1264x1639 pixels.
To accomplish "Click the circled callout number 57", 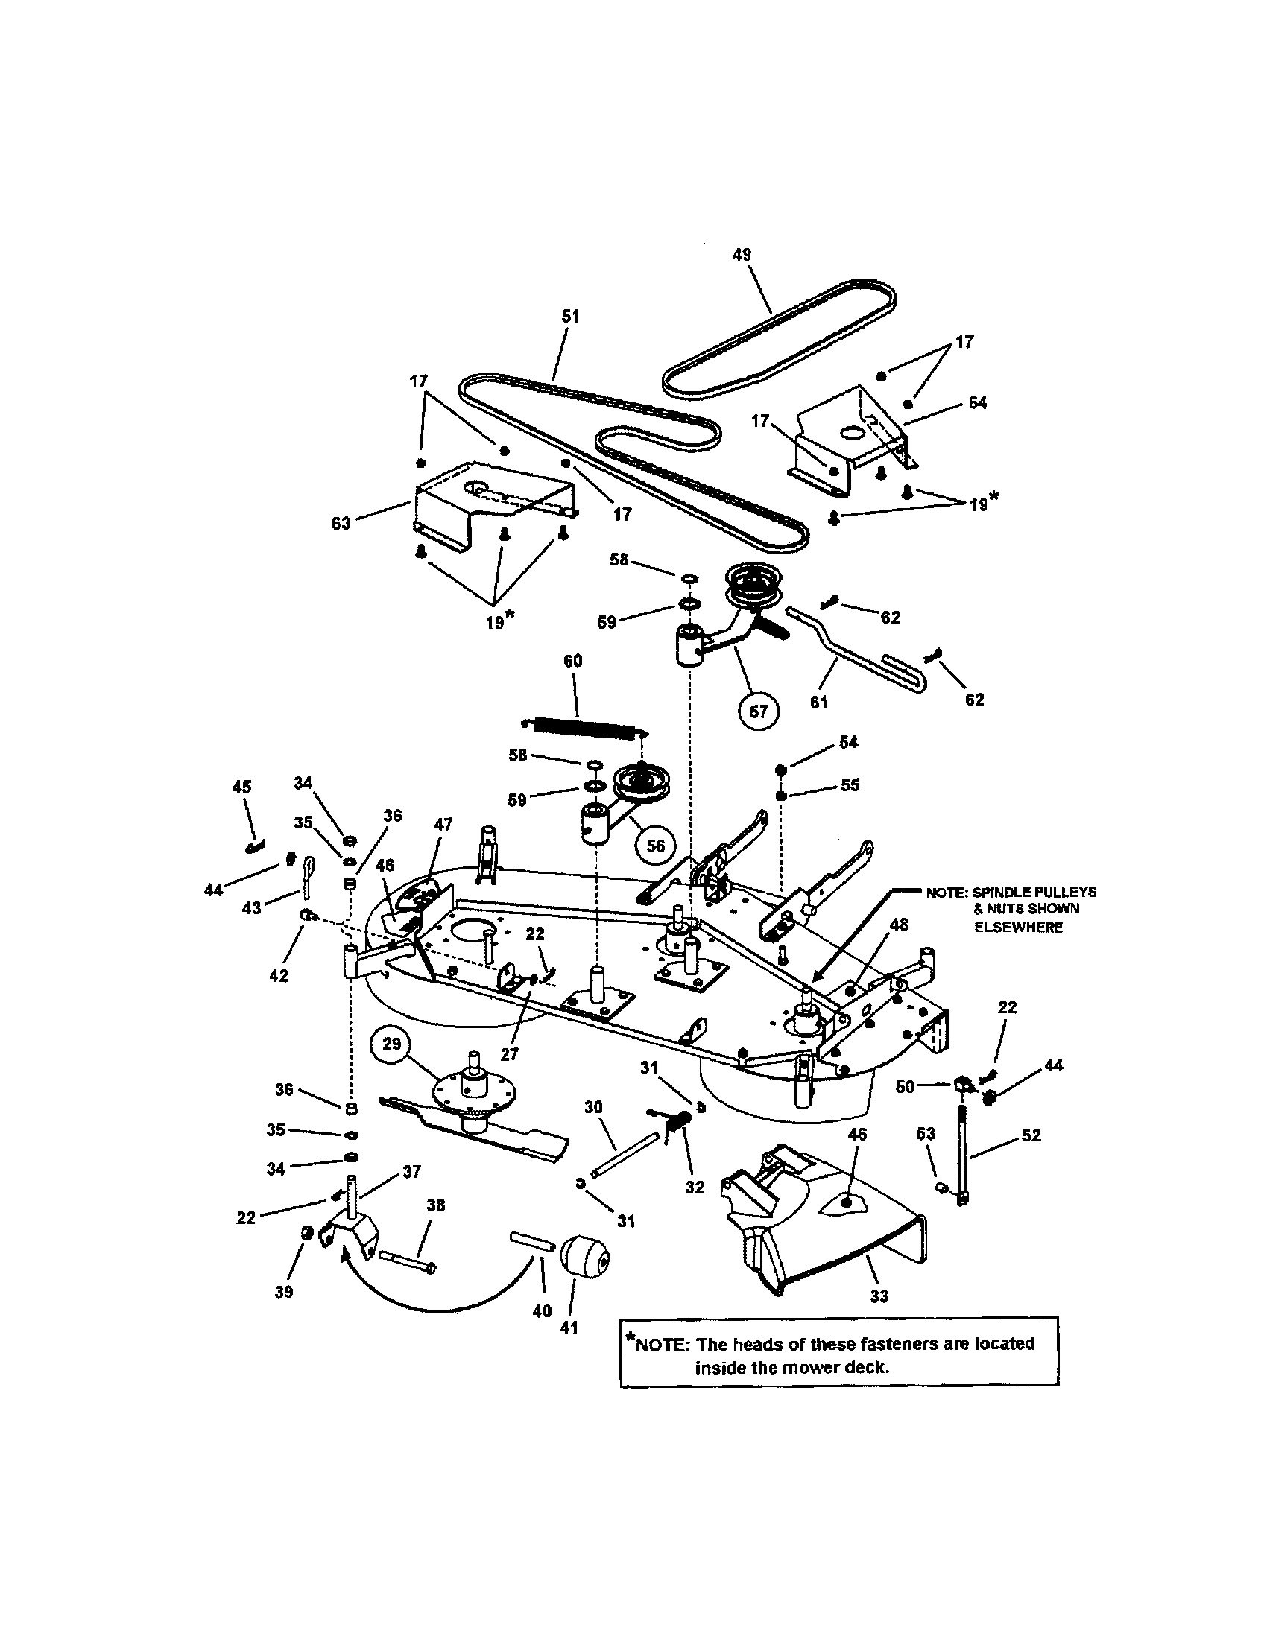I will coord(759,710).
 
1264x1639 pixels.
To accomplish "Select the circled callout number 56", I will coord(655,846).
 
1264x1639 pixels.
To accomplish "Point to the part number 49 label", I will coord(742,254).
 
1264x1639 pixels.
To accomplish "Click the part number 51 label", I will coord(570,317).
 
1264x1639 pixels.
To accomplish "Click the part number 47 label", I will coord(443,824).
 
